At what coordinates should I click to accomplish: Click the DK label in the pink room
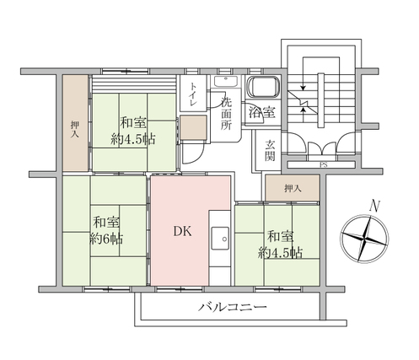(x=183, y=231)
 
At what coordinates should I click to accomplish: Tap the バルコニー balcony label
(x=233, y=307)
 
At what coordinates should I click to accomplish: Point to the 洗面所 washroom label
(x=226, y=113)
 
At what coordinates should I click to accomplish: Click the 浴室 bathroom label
(x=262, y=113)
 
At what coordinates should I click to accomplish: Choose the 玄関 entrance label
(x=270, y=151)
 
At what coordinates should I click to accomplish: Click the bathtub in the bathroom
(x=263, y=87)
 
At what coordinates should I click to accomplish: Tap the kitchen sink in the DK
(x=220, y=239)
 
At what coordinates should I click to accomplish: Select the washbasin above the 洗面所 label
(x=226, y=81)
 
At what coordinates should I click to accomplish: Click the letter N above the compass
(x=374, y=206)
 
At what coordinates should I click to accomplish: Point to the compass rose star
(x=364, y=239)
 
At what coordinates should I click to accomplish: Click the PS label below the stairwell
(x=323, y=165)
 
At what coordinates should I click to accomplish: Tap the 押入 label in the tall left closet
(x=75, y=129)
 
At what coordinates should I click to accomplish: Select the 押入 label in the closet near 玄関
(x=293, y=188)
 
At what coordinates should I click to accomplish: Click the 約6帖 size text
(x=106, y=239)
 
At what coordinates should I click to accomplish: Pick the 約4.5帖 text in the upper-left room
(x=133, y=139)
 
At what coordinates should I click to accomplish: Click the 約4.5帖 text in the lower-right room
(x=280, y=253)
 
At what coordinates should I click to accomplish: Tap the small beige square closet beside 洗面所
(x=193, y=127)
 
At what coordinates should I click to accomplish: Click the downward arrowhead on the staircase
(x=303, y=88)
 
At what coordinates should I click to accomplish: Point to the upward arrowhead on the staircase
(x=303, y=110)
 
